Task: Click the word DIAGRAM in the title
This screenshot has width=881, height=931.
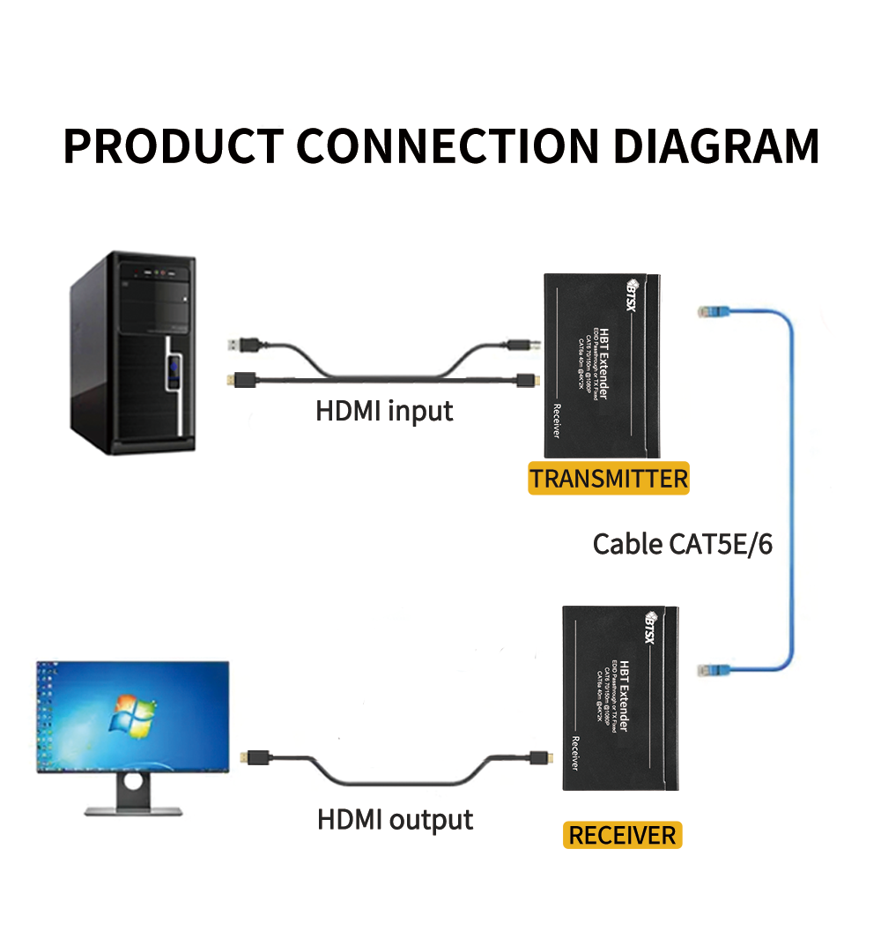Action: (x=716, y=146)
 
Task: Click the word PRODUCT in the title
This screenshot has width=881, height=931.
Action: (x=174, y=146)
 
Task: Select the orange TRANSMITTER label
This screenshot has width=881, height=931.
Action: (x=608, y=480)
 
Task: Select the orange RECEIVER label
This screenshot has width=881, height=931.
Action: (x=622, y=835)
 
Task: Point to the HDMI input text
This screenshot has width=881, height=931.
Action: (x=384, y=411)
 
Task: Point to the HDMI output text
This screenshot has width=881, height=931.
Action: (x=395, y=819)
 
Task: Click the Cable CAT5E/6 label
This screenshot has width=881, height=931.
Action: (x=682, y=544)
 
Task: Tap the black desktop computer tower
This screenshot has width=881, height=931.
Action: (x=132, y=353)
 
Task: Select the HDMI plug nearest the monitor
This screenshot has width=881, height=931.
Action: (x=255, y=757)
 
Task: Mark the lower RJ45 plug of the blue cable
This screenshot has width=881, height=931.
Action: (x=710, y=670)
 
